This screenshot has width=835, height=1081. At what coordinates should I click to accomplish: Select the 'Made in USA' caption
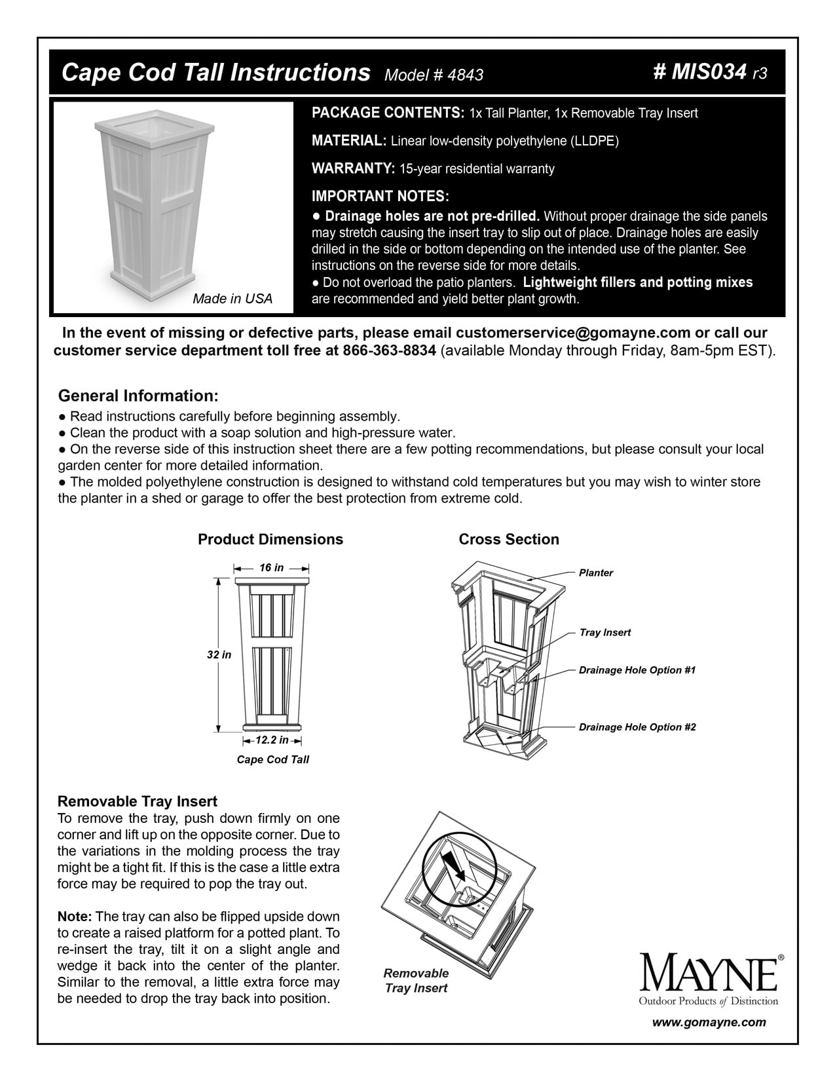click(x=232, y=299)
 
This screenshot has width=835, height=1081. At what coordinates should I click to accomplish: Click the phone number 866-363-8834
click(x=389, y=350)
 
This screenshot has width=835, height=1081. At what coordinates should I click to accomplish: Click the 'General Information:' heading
click(x=138, y=396)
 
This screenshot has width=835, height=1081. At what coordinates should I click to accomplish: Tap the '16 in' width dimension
click(x=271, y=567)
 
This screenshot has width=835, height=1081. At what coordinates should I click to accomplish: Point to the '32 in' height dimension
click(x=219, y=654)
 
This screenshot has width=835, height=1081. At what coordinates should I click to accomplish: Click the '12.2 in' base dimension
click(x=272, y=740)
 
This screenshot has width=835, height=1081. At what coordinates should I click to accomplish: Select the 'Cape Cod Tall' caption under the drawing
click(x=272, y=759)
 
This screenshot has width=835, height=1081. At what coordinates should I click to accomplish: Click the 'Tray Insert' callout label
click(x=604, y=632)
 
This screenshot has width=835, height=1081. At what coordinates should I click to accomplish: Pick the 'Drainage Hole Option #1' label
click(x=637, y=670)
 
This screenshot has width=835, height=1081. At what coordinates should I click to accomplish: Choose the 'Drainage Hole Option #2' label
click(x=637, y=727)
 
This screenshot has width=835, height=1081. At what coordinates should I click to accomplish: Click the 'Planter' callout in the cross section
click(x=595, y=573)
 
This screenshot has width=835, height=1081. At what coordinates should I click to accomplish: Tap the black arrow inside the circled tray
click(x=454, y=865)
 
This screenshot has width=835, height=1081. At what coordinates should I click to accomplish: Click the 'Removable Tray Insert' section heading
click(x=138, y=801)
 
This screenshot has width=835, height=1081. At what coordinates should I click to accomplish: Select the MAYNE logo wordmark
click(x=709, y=975)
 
